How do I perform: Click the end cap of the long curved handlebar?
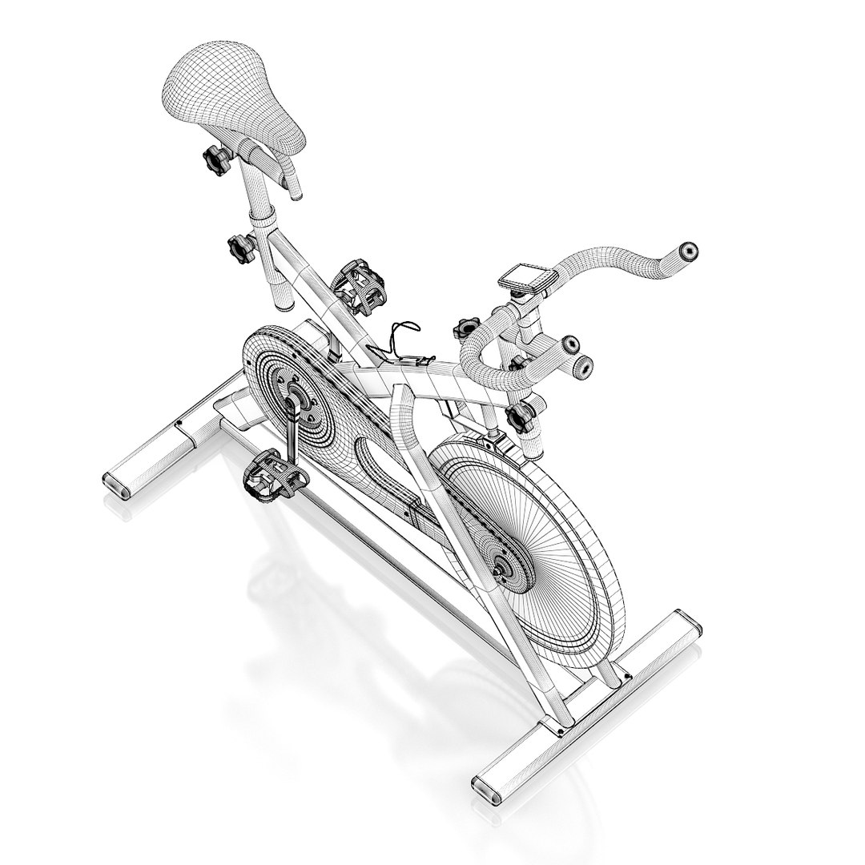688,251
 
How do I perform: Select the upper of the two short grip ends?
569,345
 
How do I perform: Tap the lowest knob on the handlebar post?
521,416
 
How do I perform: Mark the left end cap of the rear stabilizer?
116,484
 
